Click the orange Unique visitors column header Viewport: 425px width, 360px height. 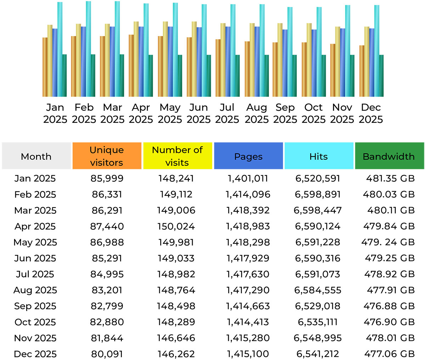[107, 156]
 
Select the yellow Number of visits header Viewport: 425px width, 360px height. [177, 156]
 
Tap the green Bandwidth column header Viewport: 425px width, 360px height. [389, 156]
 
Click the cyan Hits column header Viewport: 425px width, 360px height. [318, 156]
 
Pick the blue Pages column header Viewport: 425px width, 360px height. [248, 156]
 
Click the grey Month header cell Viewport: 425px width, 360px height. [36, 156]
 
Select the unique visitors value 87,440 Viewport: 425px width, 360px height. [107, 226]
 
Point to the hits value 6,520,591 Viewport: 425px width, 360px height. [318, 178]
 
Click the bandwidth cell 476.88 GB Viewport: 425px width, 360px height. [389, 306]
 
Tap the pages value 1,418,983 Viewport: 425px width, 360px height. [248, 226]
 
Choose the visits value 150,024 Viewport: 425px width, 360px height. [176, 226]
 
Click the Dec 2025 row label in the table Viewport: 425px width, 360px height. [35, 354]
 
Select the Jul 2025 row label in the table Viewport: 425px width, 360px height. [35, 274]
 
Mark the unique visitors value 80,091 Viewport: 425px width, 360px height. [107, 354]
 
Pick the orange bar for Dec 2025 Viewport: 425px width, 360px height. [362, 71]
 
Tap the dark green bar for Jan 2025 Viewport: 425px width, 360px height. [64, 75]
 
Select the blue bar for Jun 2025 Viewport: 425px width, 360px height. [199, 62]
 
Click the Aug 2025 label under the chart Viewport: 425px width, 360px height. [256, 113]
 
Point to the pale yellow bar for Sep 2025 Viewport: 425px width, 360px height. [280, 60]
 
